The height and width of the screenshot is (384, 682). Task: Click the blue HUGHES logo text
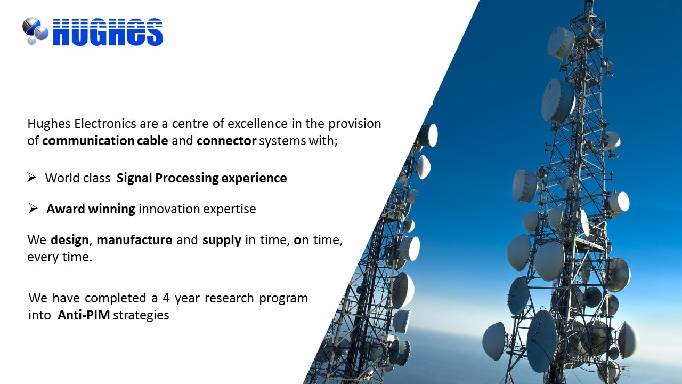point(108,32)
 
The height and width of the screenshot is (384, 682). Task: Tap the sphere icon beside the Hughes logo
point(35,31)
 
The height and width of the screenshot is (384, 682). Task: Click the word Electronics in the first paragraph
point(105,124)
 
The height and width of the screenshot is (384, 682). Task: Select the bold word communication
point(88,141)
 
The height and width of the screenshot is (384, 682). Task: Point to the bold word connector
point(226,141)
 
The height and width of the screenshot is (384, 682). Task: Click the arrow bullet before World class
point(31,177)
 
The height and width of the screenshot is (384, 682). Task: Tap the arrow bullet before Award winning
point(33,209)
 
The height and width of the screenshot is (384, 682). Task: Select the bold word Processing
point(187,178)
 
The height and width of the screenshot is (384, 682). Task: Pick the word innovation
point(169,209)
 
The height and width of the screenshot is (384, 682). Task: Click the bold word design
point(70,240)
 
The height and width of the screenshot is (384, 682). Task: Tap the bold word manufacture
point(135,240)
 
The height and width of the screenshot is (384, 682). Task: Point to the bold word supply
point(222,241)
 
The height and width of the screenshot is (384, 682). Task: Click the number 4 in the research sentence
point(166,298)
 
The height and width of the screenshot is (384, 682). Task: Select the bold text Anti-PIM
point(84,315)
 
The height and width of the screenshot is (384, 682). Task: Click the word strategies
point(141,315)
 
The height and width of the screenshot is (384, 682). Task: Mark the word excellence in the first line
point(257,124)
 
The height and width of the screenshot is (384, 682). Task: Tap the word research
point(229,298)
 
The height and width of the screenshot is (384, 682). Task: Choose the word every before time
point(43,258)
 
